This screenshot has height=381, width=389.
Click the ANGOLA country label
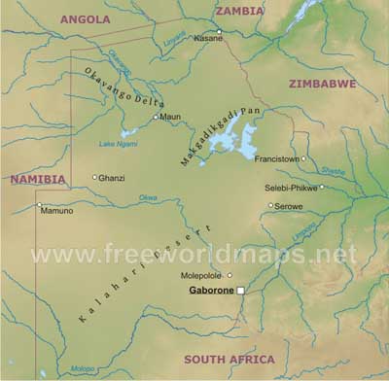tap(85, 18)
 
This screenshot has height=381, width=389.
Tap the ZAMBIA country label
tap(239, 11)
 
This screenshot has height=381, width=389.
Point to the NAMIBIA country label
tap(38, 180)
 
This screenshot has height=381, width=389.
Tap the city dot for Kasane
tap(220, 31)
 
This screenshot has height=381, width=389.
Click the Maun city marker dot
tap(156, 117)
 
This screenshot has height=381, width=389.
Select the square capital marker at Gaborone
tap(241, 290)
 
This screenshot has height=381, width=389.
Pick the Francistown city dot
tap(303, 158)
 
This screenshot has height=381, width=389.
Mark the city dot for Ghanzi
tap(94, 177)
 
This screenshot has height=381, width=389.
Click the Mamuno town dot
tap(40, 205)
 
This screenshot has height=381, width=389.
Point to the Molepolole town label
tap(204, 275)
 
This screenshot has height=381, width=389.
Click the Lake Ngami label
tap(119, 145)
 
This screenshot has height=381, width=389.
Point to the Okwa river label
tap(148, 197)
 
